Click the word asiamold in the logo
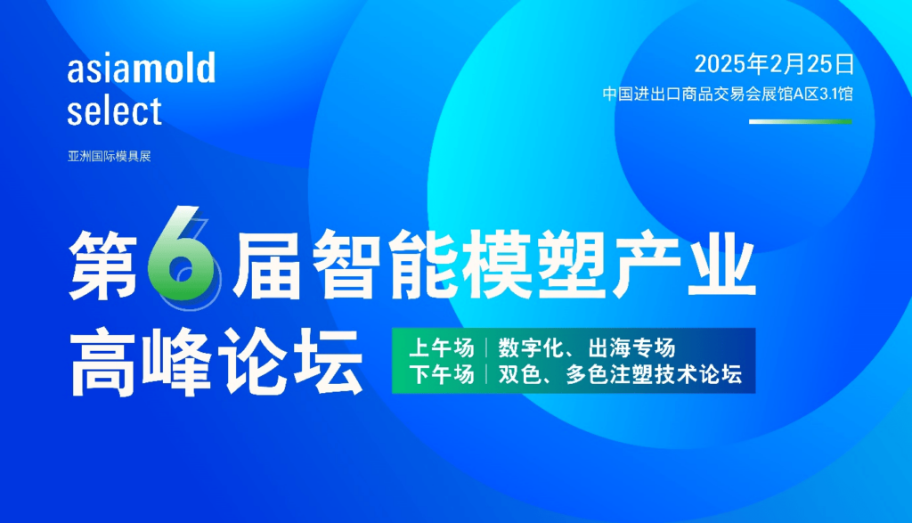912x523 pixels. [142, 67]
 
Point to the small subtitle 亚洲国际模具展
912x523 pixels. [110, 156]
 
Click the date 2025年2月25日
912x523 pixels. [774, 63]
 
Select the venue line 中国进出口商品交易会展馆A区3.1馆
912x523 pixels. [728, 94]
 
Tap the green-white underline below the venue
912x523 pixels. [801, 121]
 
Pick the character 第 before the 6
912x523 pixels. [103, 264]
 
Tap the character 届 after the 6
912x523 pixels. [267, 264]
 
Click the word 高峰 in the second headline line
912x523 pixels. [140, 362]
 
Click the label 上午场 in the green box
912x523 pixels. [442, 347]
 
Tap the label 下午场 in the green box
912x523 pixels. [442, 374]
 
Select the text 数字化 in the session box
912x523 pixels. [531, 347]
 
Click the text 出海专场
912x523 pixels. [632, 347]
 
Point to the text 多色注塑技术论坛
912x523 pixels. [655, 374]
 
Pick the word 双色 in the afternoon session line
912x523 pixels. [520, 374]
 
